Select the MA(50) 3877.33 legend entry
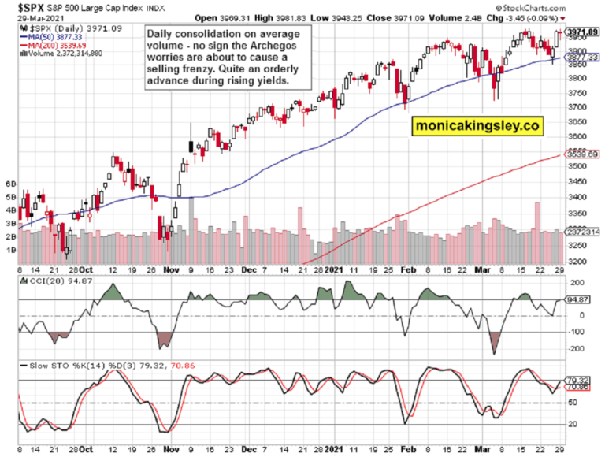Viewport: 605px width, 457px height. [x=52, y=36]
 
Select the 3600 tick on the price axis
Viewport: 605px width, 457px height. [x=579, y=136]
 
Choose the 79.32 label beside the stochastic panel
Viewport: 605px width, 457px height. [x=579, y=379]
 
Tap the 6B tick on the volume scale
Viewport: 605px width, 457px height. [x=10, y=183]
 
